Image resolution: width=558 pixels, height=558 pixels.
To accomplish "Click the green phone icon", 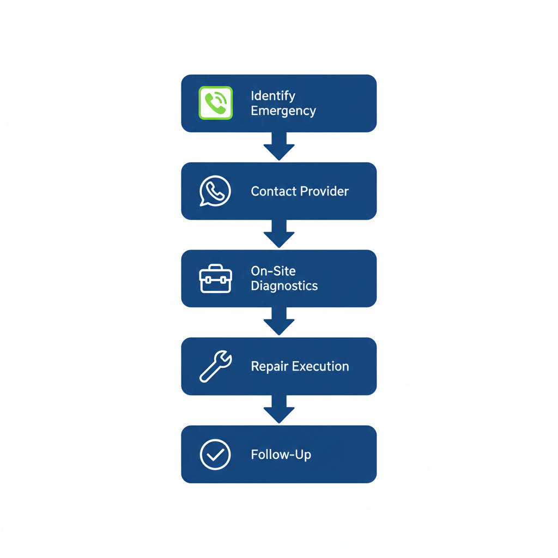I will point(216,102).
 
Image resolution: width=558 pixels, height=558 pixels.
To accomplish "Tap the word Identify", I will point(273,96).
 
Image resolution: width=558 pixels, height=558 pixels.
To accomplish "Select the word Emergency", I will point(283,111).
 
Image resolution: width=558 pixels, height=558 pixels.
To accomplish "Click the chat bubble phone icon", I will point(215,191).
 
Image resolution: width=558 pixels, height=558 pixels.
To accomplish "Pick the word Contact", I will point(273,191).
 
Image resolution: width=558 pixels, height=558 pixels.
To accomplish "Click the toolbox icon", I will point(216,278).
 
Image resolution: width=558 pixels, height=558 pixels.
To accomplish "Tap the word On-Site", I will point(273,271).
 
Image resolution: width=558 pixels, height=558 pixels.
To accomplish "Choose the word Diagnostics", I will point(284,286).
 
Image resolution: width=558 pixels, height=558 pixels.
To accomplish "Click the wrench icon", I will point(216,366).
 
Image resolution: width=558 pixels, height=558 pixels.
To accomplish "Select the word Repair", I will point(269,366).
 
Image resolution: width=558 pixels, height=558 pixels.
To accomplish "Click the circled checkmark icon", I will point(216,454).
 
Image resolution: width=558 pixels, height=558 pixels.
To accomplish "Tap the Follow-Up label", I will point(281,454).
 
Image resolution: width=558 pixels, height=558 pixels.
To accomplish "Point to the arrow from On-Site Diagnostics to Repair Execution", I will point(279,322).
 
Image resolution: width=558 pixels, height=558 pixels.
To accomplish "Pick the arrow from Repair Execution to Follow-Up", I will point(279,409).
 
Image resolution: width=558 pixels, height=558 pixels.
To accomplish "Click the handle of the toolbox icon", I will point(216,268).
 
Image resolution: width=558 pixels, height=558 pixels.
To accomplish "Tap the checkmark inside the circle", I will point(216,454).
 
